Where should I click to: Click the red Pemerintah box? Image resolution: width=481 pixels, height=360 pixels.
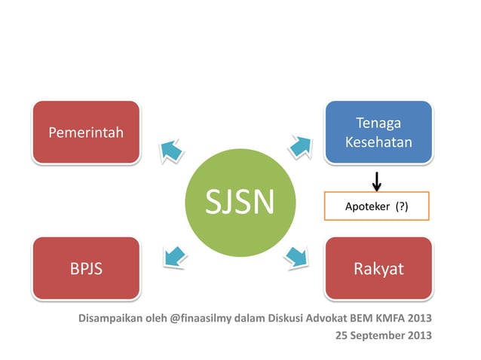click(x=85, y=133)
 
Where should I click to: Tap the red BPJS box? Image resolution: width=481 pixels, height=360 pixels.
click(x=85, y=269)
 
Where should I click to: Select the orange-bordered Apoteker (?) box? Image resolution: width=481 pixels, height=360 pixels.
click(x=376, y=206)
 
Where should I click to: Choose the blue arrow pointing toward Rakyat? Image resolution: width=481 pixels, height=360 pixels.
click(x=299, y=257)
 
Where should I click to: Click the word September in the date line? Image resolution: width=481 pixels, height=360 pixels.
click(x=380, y=335)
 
